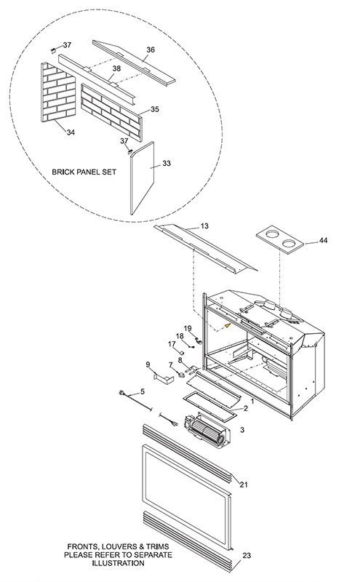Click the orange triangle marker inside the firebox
click(228, 325)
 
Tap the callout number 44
click(323, 241)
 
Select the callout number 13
click(204, 226)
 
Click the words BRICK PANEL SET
click(84, 172)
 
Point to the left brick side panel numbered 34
click(57, 92)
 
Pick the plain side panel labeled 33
click(142, 178)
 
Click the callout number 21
click(244, 485)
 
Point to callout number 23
click(247, 556)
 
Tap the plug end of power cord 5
click(121, 394)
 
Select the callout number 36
click(151, 49)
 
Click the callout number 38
click(116, 68)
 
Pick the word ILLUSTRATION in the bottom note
click(119, 563)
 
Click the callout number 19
click(188, 328)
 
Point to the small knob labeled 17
click(183, 351)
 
